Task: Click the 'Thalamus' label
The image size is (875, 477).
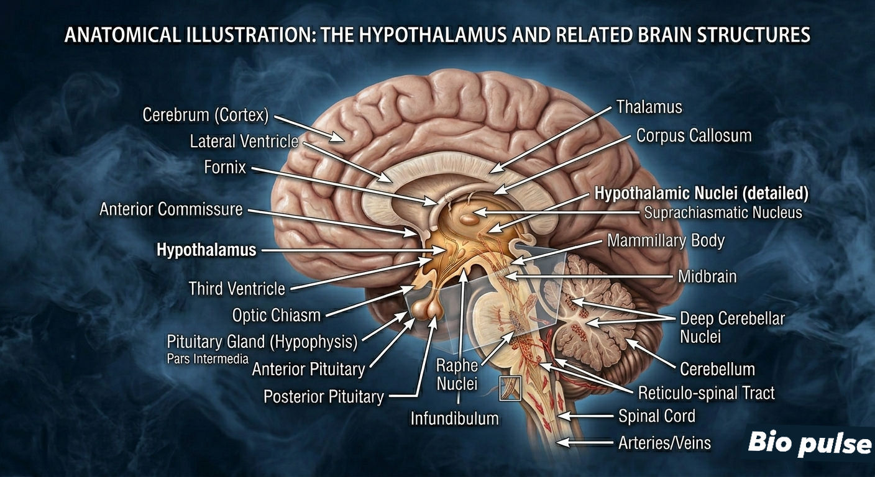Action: [x=649, y=107]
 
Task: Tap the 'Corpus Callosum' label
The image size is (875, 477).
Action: [x=694, y=136]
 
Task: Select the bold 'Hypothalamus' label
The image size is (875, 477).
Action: [x=206, y=250]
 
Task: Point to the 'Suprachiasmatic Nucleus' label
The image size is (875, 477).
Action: [x=723, y=213]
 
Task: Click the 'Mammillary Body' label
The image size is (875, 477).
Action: [x=666, y=241]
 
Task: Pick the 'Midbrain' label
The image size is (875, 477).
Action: [x=707, y=276]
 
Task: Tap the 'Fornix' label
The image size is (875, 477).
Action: [x=225, y=168]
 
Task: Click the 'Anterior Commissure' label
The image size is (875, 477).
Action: [x=171, y=209]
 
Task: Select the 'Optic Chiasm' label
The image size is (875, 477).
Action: [x=276, y=316]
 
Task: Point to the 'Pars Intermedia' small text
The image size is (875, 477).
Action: [x=208, y=359]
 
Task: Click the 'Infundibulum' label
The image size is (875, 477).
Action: [x=455, y=419]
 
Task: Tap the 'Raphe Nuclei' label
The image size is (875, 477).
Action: [x=457, y=375]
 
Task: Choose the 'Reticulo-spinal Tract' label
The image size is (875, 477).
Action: [x=706, y=393]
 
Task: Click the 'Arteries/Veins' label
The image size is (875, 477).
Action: [x=664, y=443]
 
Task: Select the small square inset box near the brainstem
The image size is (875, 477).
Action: [x=510, y=388]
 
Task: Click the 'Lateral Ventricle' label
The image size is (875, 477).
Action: [x=244, y=142]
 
